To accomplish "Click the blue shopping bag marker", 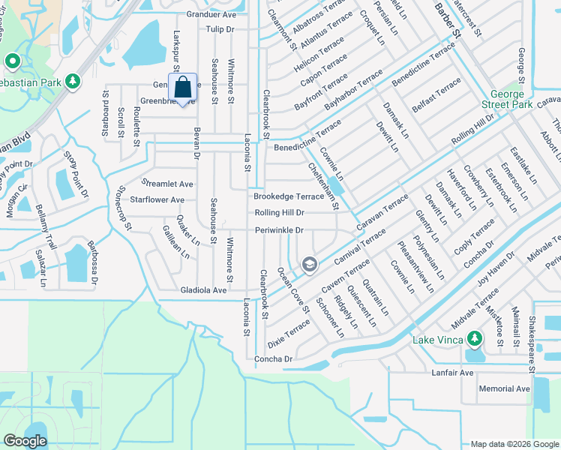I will pos(183,88).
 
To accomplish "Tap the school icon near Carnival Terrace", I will pos(309,264).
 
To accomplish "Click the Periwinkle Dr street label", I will pos(279,230).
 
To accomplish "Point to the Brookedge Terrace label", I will pos(288,196).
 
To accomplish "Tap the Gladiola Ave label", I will pos(203,290).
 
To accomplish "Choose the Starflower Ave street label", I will pos(157,200).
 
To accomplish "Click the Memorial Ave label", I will pos(504,388).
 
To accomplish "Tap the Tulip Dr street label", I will pos(220,29).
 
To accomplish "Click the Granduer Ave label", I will pos(211,14).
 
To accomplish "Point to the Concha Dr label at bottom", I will pos(273,359).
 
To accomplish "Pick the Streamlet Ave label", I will pos(169,184).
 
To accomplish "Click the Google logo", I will pos(25,441).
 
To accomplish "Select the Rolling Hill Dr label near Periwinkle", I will pos(279,213).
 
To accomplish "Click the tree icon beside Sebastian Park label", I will pos(72,80).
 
